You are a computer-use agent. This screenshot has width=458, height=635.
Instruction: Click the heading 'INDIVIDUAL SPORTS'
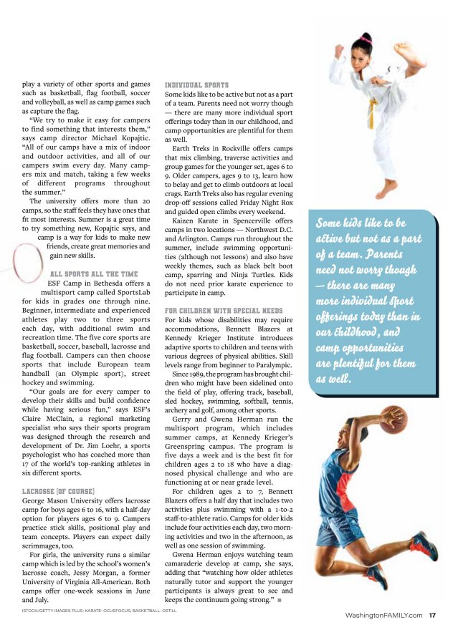pos(196,84)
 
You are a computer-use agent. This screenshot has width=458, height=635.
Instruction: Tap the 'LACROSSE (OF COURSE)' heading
pos(62,490)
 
